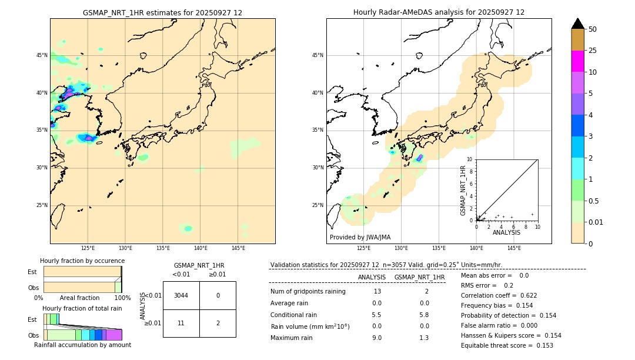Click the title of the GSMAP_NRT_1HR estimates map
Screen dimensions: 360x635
[x=162, y=12]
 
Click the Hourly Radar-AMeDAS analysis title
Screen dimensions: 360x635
[x=439, y=12]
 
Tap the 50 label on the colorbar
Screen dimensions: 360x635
[x=593, y=29]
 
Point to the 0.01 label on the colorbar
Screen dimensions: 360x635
[x=596, y=222]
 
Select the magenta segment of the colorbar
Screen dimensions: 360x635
[x=578, y=61]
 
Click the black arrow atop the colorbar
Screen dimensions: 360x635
[x=578, y=24]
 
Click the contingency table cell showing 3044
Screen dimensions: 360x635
[x=181, y=295]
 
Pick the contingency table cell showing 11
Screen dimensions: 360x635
[x=181, y=323]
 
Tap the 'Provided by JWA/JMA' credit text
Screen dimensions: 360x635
[x=360, y=237]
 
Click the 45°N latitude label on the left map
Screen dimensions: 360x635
[x=42, y=55]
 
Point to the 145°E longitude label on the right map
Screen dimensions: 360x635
[x=514, y=248]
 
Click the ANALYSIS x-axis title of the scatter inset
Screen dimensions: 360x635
[x=506, y=232]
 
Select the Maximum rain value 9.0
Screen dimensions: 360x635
[x=377, y=338]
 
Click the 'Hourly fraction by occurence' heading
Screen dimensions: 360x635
[x=82, y=261]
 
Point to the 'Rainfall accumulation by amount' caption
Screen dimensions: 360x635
[x=82, y=345]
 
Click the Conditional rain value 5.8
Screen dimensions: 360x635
[x=424, y=315]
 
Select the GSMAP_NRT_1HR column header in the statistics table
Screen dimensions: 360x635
[x=419, y=277]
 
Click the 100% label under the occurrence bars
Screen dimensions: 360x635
[x=122, y=298]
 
